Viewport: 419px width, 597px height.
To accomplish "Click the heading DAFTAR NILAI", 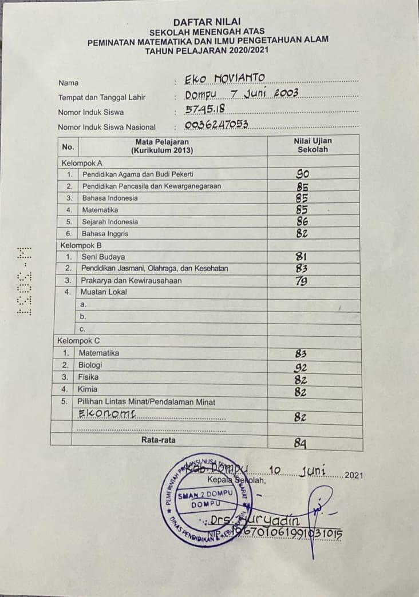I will click(x=207, y=22).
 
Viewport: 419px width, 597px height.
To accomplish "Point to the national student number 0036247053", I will click(x=216, y=124).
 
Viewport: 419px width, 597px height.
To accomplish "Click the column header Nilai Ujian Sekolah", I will click(x=313, y=145).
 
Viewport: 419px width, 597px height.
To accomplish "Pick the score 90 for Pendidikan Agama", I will click(x=303, y=174).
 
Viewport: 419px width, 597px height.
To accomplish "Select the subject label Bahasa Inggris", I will click(x=105, y=234).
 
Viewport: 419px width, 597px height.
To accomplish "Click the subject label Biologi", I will click(x=90, y=365).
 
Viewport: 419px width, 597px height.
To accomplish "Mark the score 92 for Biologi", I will click(x=301, y=368).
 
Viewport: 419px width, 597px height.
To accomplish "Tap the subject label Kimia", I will click(x=88, y=389).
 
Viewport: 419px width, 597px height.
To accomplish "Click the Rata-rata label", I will click(x=159, y=440).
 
